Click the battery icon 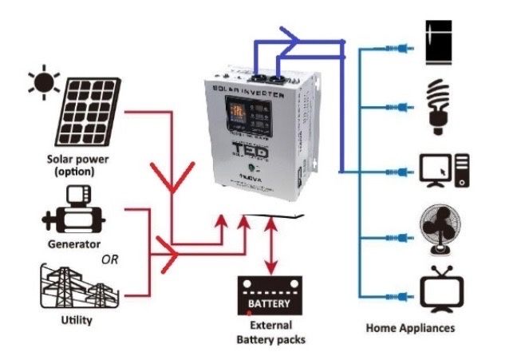coord(271,295)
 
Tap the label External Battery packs coord(270,333)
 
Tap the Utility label coord(76,321)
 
